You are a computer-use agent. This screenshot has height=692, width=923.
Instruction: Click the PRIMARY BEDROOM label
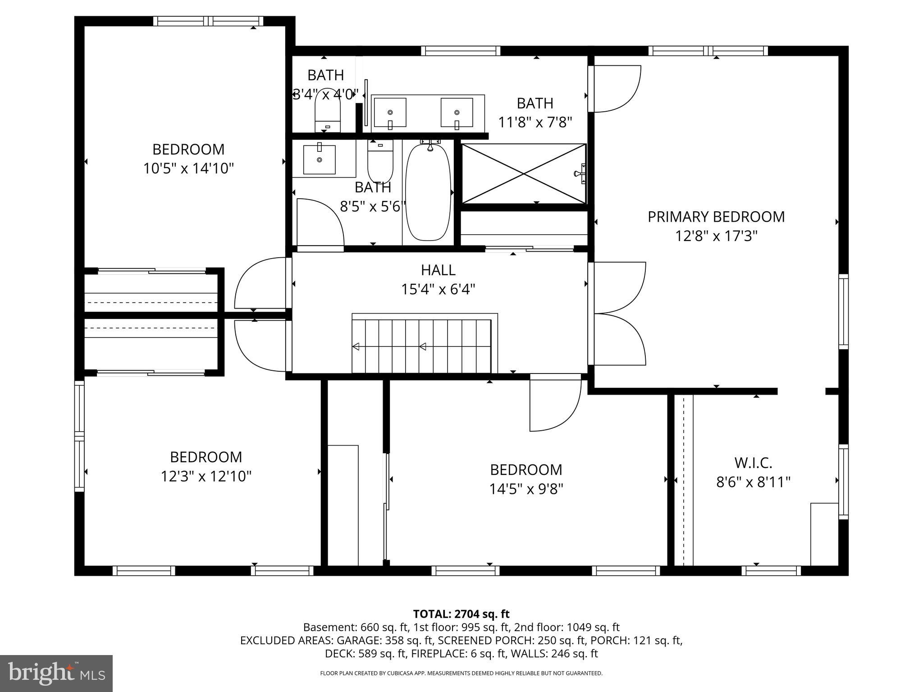tap(716, 217)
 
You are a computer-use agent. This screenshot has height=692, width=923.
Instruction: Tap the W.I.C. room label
tap(753, 462)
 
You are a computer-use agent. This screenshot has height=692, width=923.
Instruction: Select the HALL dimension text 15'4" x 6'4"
tap(438, 289)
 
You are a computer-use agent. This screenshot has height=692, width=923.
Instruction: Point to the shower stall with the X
tap(524, 173)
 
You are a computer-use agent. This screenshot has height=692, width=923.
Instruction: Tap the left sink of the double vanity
tap(390, 113)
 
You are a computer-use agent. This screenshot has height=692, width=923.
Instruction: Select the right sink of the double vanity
tap(457, 113)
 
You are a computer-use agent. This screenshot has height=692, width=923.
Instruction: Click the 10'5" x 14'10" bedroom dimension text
tap(188, 168)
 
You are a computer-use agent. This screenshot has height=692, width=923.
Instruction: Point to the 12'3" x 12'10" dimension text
tap(206, 476)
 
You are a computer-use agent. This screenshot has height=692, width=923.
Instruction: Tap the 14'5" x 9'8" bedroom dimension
tap(526, 489)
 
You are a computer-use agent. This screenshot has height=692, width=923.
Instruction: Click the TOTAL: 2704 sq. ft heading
tap(461, 614)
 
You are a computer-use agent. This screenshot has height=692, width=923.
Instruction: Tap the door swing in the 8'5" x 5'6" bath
tap(320, 223)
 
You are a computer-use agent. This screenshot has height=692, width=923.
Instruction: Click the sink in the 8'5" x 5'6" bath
tap(319, 159)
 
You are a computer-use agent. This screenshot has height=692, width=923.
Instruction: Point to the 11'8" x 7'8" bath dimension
tap(535, 122)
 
